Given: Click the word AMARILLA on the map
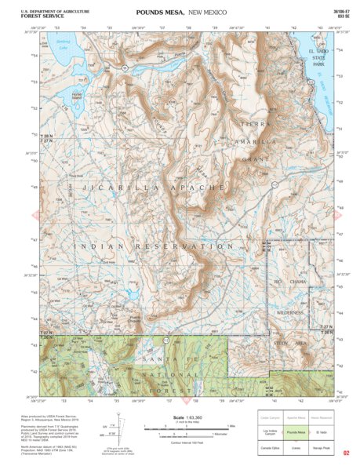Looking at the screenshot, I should point(256,142).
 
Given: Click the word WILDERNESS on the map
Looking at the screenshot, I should point(295,311).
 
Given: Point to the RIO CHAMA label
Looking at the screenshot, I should point(289,280).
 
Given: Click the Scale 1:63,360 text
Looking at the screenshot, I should point(186,417).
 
